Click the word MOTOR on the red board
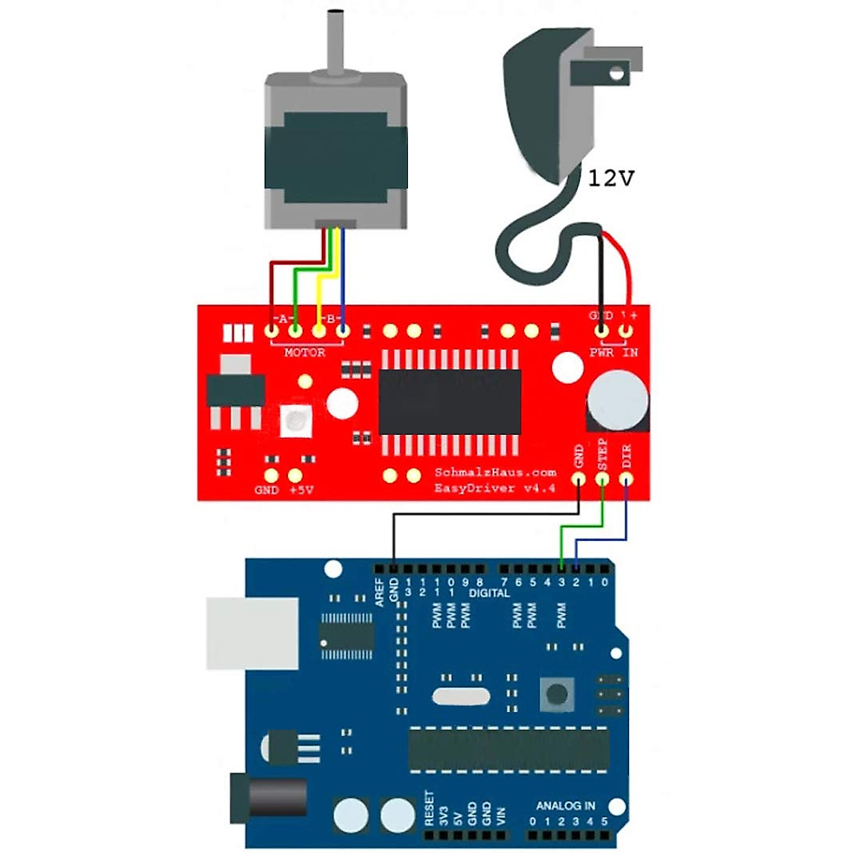click(x=305, y=353)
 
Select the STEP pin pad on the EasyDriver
click(x=603, y=479)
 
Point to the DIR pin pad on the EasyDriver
click(x=626, y=479)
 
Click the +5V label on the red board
click(x=301, y=490)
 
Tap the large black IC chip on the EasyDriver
click(x=449, y=402)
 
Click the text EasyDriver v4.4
click(x=495, y=488)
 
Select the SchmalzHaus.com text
click(x=495, y=472)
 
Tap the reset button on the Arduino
click(x=557, y=693)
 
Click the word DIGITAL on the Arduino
click(x=489, y=593)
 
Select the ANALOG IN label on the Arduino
click(x=566, y=805)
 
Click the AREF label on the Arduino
click(x=380, y=592)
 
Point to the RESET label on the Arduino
click(x=429, y=808)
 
